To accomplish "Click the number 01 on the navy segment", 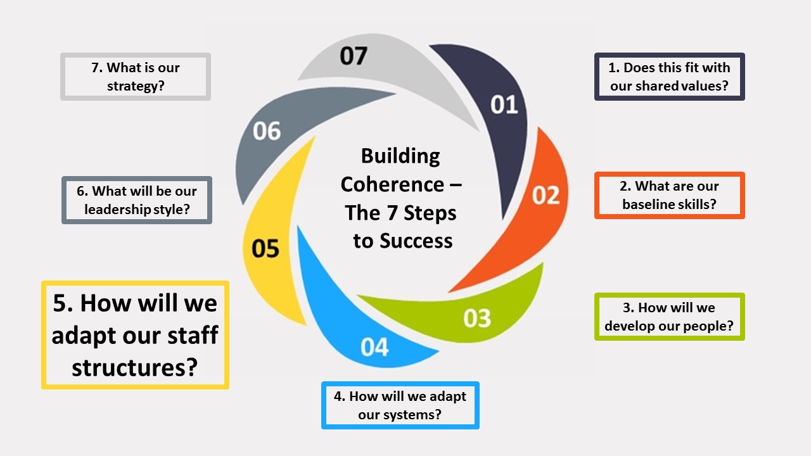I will [x=504, y=104].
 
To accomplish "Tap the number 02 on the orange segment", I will [x=546, y=195].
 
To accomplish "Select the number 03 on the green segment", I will [x=477, y=318].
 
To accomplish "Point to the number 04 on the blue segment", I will [x=374, y=347].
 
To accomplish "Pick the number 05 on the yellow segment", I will [x=265, y=248].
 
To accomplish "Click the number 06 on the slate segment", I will [x=266, y=131].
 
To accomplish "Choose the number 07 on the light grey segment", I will [x=353, y=56].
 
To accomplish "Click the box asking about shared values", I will [x=669, y=77].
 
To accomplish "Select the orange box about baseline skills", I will [x=669, y=196].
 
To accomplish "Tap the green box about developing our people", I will [x=669, y=317].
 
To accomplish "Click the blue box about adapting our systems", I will [x=400, y=405].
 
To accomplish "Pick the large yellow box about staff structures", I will [x=135, y=335].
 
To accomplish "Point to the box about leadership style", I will [x=137, y=200].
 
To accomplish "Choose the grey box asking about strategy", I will [x=136, y=77].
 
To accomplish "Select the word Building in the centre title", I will [x=400, y=155].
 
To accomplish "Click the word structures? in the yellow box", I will [x=134, y=367].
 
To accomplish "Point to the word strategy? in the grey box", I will [x=136, y=85].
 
